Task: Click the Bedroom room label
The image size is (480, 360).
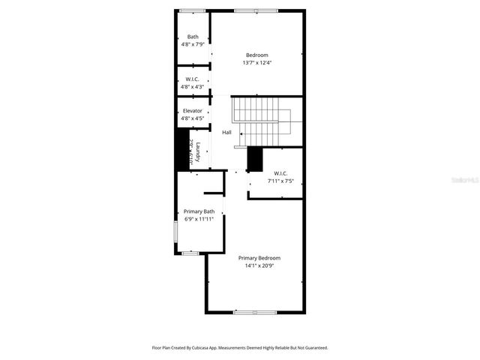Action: pyautogui.click(x=257, y=55)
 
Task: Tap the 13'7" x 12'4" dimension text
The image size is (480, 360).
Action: pyautogui.click(x=257, y=63)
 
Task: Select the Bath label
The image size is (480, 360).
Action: pyautogui.click(x=193, y=37)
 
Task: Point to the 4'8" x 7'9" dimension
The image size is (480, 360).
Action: pyautogui.click(x=193, y=45)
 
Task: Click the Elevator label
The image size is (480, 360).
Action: pyautogui.click(x=193, y=111)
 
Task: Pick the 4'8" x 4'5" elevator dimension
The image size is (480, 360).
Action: pyautogui.click(x=193, y=118)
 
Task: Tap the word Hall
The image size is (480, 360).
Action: pyautogui.click(x=226, y=133)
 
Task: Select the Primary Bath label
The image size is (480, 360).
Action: pyautogui.click(x=199, y=211)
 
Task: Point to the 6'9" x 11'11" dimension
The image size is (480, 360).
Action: pyautogui.click(x=199, y=220)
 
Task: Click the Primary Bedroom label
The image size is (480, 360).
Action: pyautogui.click(x=259, y=257)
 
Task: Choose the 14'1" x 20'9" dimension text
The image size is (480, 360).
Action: pyautogui.click(x=259, y=265)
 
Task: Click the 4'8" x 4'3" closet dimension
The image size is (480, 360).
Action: pyautogui.click(x=193, y=87)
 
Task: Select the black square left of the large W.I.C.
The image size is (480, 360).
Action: pyautogui.click(x=255, y=158)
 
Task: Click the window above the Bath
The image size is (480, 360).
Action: pyautogui.click(x=193, y=10)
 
